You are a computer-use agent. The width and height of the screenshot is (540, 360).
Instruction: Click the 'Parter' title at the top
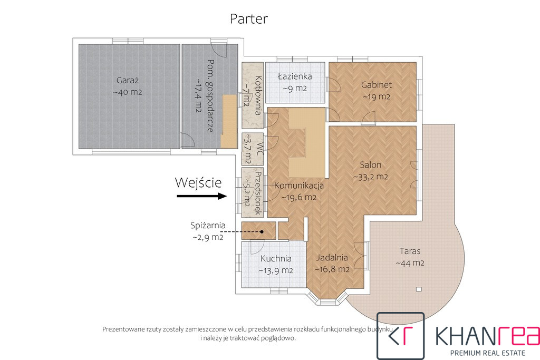(x=249, y=19)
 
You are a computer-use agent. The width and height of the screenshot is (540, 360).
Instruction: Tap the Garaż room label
(x=128, y=81)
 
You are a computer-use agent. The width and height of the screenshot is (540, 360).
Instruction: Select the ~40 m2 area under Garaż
(x=128, y=92)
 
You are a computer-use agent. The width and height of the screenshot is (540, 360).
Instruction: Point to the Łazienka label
(x=295, y=76)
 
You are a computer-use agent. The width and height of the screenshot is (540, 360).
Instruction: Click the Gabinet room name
(x=377, y=85)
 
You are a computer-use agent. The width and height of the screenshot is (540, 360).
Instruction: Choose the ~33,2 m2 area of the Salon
(x=371, y=177)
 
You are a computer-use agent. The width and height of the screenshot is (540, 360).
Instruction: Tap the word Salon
(x=371, y=165)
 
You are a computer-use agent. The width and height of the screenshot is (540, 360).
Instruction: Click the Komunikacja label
(x=299, y=186)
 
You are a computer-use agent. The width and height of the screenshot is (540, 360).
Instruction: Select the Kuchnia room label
(x=276, y=258)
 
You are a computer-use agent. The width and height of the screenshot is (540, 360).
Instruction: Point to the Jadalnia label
(x=332, y=257)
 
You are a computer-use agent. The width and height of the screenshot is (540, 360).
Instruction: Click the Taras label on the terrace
(x=410, y=251)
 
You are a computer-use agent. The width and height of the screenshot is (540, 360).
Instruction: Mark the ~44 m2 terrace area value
(x=410, y=264)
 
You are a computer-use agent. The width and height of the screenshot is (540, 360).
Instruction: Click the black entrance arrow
(x=202, y=196)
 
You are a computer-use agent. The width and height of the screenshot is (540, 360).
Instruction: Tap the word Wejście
(x=198, y=182)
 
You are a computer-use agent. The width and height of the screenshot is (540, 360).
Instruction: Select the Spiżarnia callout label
(x=208, y=226)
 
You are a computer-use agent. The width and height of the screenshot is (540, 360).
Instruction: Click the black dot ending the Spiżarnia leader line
(x=262, y=231)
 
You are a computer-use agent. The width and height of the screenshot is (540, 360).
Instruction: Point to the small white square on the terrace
(x=419, y=289)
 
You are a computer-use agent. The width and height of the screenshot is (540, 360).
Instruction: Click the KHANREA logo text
(x=487, y=336)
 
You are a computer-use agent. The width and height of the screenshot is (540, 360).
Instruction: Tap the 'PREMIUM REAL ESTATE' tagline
(x=488, y=353)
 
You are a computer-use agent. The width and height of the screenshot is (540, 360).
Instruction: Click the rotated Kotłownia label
(x=258, y=95)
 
